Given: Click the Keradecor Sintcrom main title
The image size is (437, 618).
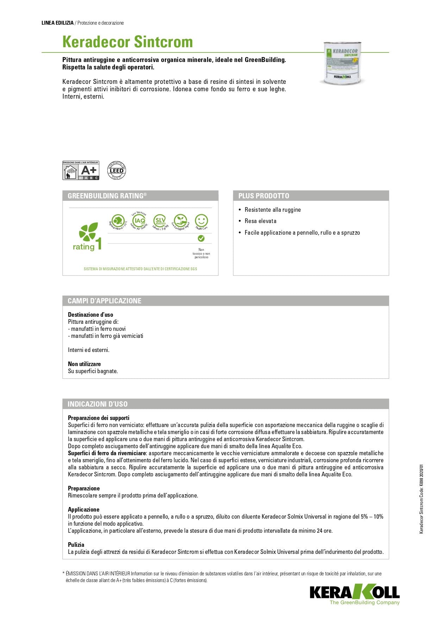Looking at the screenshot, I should (x=127, y=42).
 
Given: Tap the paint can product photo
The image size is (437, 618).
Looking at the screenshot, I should (x=342, y=63).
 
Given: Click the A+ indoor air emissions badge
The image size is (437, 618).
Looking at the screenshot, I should (x=81, y=171).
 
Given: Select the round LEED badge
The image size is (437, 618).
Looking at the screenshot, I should (x=117, y=171).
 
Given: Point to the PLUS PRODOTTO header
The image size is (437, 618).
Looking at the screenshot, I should (x=264, y=196).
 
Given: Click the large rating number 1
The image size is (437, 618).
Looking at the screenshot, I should (x=99, y=243).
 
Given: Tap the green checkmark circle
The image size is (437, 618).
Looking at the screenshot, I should (x=201, y=239).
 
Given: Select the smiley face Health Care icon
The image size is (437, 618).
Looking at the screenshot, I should (x=201, y=221).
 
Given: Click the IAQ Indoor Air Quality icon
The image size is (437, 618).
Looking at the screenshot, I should (x=140, y=221).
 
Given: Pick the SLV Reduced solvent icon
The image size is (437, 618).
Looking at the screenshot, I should (x=160, y=221).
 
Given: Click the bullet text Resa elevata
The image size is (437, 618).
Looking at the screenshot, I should (x=260, y=221).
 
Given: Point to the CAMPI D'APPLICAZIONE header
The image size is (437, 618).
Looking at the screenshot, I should (x=105, y=301).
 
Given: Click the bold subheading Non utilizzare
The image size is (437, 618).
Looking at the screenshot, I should (x=84, y=364).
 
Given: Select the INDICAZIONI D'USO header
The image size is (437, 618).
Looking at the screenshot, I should (x=98, y=404).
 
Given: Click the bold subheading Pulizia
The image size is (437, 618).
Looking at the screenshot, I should (x=76, y=545).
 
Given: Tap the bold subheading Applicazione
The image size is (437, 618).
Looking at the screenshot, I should (x=83, y=509).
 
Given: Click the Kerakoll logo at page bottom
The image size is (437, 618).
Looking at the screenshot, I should (x=354, y=593).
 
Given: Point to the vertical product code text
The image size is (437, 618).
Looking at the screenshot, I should (x=422, y=499).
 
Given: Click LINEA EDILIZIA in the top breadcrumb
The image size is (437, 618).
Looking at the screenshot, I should (x=57, y=23).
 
